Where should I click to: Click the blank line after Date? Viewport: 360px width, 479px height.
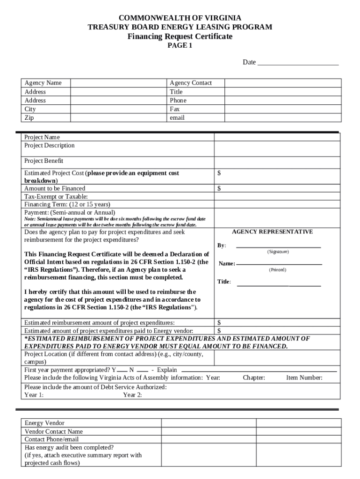(298, 63)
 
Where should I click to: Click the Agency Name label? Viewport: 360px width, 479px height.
(43, 83)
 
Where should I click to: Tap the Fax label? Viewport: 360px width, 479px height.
(175, 109)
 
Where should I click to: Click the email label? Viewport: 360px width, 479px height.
(177, 118)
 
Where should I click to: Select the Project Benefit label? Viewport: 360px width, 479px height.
(43, 161)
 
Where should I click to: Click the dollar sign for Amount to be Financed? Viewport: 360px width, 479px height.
(219, 189)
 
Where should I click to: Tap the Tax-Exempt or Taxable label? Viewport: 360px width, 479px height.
(56, 196)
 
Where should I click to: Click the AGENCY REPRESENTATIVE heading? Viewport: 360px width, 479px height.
(272, 232)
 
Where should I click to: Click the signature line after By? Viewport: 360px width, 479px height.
(278, 246)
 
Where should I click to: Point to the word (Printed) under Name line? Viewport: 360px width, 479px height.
(277, 270)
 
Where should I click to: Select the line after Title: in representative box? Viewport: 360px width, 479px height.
(279, 284)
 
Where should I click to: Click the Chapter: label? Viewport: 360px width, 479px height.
(254, 377)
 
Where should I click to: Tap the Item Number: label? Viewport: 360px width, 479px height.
(304, 377)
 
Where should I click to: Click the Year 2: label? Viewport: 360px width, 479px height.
(133, 395)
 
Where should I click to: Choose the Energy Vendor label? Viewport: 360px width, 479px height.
(44, 423)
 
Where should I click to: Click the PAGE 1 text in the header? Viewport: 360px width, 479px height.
(180, 46)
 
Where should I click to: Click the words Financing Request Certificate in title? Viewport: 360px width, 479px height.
(180, 36)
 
